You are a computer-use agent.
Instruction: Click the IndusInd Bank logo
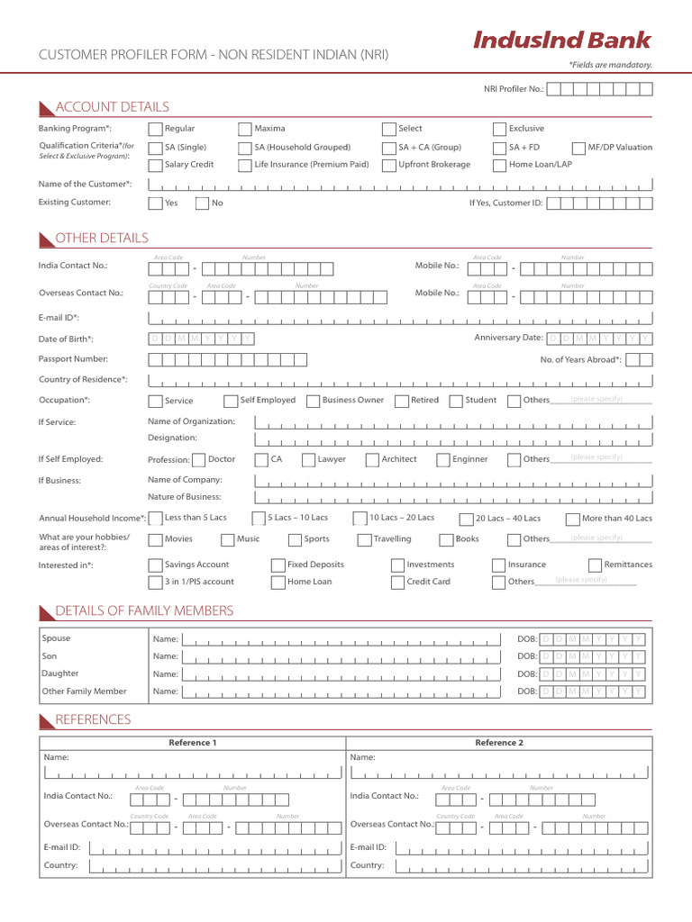coord(561,40)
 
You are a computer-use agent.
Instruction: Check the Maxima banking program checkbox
coord(245,129)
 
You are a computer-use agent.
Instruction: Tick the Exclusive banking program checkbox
coord(499,129)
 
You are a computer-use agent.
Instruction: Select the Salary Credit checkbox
coord(155,165)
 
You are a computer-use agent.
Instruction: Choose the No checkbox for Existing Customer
coord(202,203)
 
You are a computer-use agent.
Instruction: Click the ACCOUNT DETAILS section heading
coord(112,107)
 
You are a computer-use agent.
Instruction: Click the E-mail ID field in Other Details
coord(400,319)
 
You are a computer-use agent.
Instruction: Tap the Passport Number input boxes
coord(227,359)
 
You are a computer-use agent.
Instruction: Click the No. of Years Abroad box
coord(639,359)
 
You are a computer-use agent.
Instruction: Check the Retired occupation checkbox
coord(401,401)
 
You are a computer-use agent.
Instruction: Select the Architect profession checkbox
coord(372,460)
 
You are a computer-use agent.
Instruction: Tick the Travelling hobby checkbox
coord(364,539)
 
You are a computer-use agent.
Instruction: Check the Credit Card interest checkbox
coord(397,583)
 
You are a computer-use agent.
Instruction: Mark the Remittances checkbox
coord(595,565)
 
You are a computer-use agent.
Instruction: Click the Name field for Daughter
coord(341,673)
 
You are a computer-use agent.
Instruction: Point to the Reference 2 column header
coord(499,743)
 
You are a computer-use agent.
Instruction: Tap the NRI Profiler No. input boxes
coord(600,88)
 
